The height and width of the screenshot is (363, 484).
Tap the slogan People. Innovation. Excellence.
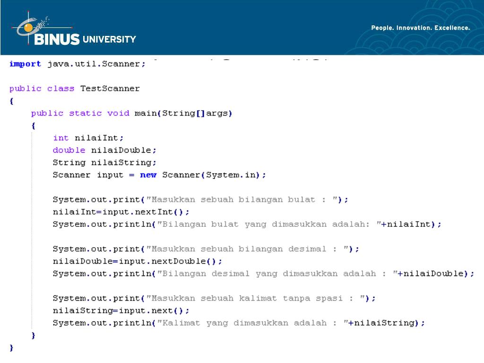pyautogui.click(x=420, y=28)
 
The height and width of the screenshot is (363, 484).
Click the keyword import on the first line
pyautogui.click(x=25, y=64)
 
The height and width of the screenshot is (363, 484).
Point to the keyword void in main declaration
pyautogui.click(x=118, y=113)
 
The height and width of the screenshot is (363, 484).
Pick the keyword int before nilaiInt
pyautogui.click(x=60, y=138)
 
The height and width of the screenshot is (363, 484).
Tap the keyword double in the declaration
pyautogui.click(x=69, y=150)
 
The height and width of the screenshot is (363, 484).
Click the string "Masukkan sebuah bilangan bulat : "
pyautogui.click(x=244, y=199)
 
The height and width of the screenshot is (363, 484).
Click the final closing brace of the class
pyautogui.click(x=11, y=347)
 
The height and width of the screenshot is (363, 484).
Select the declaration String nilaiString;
pyautogui.click(x=104, y=163)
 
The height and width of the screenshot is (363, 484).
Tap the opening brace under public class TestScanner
pyautogui.click(x=11, y=101)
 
